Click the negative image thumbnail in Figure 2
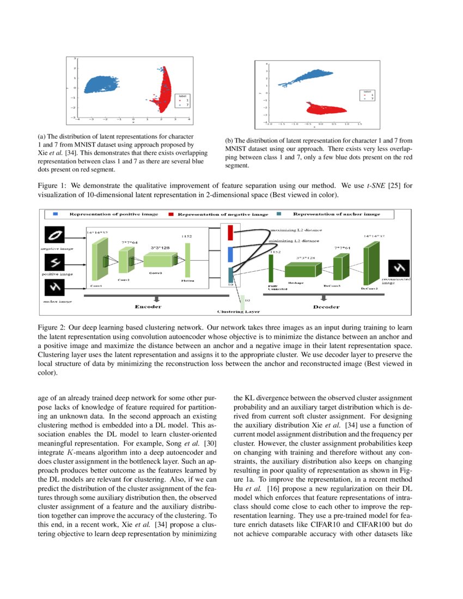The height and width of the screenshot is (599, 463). pyautogui.click(x=54, y=235)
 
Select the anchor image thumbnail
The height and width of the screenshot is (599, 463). pyautogui.click(x=54, y=287)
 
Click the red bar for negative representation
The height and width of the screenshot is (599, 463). pyautogui.click(x=230, y=233)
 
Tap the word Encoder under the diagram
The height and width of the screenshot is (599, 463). pyautogui.click(x=148, y=307)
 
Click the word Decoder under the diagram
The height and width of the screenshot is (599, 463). pyautogui.click(x=326, y=307)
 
